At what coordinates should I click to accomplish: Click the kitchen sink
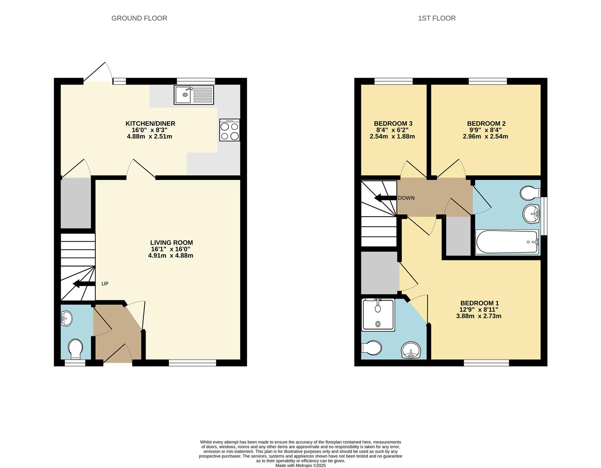tap(194, 95)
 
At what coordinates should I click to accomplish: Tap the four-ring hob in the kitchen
tap(230, 130)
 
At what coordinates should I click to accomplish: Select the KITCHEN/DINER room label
tap(150, 123)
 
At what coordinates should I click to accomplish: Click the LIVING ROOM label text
tap(171, 243)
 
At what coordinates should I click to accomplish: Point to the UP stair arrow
tap(84, 284)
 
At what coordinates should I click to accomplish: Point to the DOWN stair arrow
tap(385, 198)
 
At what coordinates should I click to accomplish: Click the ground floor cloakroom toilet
tap(75, 349)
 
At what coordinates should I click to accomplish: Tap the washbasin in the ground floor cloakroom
tap(67, 320)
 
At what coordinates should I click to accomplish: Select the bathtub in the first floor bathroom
tap(507, 242)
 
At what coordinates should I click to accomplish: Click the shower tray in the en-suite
tap(378, 315)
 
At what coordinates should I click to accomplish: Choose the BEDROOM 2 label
tap(486, 123)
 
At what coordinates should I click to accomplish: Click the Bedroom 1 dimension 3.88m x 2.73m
tap(479, 316)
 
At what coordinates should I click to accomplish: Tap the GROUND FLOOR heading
tap(139, 18)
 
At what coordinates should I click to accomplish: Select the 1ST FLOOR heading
tap(436, 18)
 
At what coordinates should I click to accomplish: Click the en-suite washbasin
tap(411, 350)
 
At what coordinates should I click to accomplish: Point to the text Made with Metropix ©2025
tap(300, 465)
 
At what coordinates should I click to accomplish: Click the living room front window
tap(192, 363)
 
